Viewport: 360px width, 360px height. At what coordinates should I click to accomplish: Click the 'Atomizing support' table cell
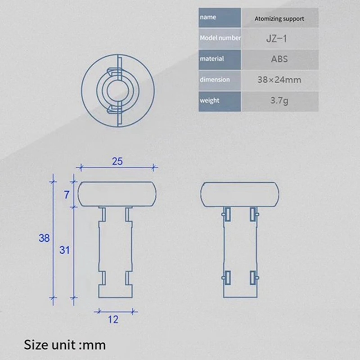pos(279,19)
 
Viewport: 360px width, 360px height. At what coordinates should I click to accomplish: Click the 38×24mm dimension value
pos(279,80)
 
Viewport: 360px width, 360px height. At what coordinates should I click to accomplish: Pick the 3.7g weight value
pos(279,101)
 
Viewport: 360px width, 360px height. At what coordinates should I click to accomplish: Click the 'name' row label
pos(207,18)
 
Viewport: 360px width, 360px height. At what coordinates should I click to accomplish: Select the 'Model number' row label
pos(220,38)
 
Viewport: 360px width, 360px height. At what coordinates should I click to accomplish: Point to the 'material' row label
pos(211,59)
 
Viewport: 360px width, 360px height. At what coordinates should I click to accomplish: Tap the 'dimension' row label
pos(214,80)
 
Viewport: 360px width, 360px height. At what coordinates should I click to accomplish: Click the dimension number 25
pos(117,162)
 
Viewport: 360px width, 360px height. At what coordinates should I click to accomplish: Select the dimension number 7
pos(67,194)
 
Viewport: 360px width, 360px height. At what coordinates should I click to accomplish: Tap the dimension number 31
pos(65,250)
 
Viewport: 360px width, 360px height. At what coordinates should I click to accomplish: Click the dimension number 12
pos(113,319)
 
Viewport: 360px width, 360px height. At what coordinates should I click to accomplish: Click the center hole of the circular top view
pos(118,90)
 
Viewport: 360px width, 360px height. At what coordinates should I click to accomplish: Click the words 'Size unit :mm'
pos(65,345)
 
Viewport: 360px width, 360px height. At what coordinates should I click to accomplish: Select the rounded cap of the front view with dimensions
pos(117,193)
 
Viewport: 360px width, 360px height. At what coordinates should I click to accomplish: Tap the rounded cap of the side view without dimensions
pos(238,193)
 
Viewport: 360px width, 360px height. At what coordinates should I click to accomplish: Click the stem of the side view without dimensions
pos(241,252)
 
